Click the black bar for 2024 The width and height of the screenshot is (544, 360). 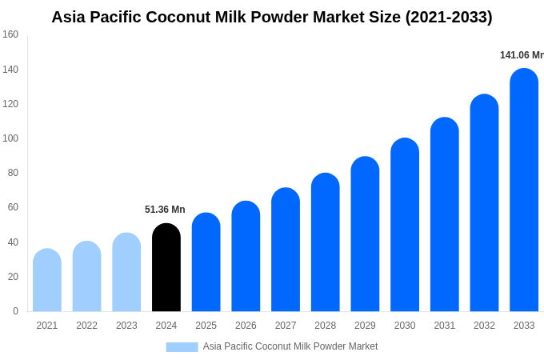pos(166,268)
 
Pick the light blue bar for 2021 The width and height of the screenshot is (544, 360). pos(47,281)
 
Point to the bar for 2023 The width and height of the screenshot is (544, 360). pos(126,273)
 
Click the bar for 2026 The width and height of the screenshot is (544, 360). pos(246,257)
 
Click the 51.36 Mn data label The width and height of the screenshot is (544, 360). pos(165,210)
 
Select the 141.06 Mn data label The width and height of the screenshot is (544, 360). pos(522,55)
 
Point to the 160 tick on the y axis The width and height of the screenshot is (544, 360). pos(10,34)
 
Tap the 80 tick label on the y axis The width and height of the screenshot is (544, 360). pos(13,173)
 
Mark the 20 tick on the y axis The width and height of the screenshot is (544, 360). pos(13,277)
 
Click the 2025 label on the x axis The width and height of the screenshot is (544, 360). pos(206,326)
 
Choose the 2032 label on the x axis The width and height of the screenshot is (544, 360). pos(484,326)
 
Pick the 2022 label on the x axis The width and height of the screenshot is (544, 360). pos(86,326)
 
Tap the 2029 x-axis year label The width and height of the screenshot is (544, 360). pos(365,326)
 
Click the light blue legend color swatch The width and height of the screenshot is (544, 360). pos(182,346)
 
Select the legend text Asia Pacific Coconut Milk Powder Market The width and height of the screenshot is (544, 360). pos(290,346)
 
